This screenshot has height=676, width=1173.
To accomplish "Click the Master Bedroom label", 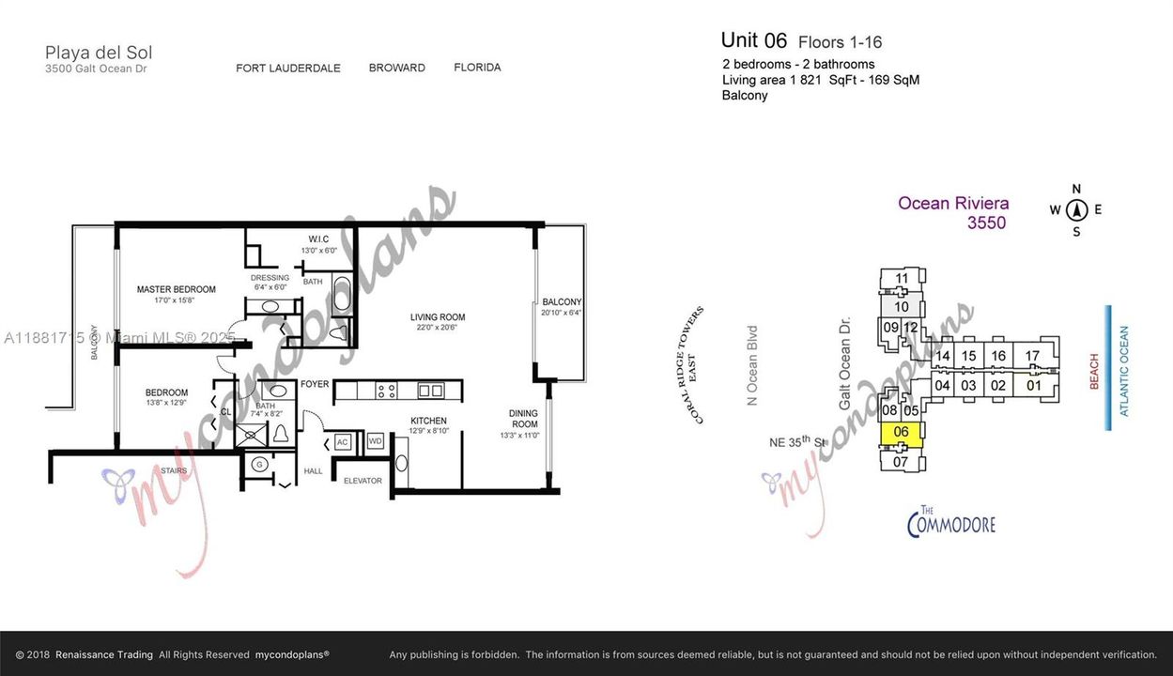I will (x=176, y=289).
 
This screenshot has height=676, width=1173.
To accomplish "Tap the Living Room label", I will (x=437, y=317).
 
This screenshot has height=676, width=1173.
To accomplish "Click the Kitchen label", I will (x=428, y=421).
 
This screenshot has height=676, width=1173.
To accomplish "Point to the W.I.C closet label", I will (x=318, y=238).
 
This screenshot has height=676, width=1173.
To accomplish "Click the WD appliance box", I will (x=376, y=440).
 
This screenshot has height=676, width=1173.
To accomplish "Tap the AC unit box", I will (x=343, y=442).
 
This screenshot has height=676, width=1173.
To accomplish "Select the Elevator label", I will (x=363, y=481).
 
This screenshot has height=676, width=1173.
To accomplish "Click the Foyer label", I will (x=314, y=384).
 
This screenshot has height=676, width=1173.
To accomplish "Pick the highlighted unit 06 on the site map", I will (x=901, y=432).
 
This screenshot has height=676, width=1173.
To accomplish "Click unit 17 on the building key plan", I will (x=1032, y=356).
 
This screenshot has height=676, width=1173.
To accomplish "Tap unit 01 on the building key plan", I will (x=1033, y=385).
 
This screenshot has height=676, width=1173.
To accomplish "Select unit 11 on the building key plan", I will (x=902, y=278).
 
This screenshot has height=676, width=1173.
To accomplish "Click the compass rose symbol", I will (x=1076, y=210).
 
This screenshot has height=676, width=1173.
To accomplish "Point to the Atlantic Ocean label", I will (x=1124, y=371).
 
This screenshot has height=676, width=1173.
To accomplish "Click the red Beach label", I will (x=1093, y=372).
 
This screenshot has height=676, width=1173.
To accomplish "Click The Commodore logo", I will (x=950, y=521).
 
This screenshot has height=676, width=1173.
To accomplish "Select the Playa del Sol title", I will (x=99, y=53).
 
